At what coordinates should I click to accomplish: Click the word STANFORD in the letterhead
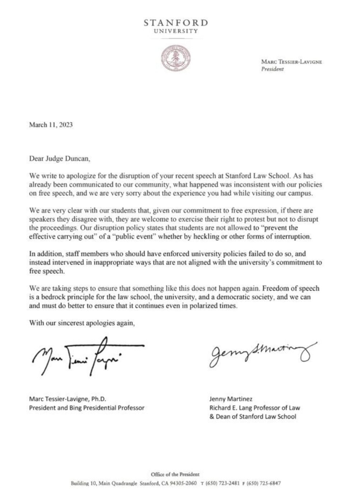pos(176,23)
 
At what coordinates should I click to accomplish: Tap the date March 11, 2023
pos(51,125)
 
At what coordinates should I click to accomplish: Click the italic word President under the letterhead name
pos(272,69)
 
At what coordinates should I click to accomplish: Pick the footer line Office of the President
pos(175,474)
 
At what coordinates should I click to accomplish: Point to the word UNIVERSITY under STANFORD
pos(176,31)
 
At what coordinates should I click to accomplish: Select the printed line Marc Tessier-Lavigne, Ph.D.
pos(68,399)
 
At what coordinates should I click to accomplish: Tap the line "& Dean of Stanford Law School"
pos(253,417)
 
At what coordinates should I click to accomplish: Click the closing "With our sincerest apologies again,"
pos(82,323)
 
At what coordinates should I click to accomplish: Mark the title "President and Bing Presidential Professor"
pos(87,408)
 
